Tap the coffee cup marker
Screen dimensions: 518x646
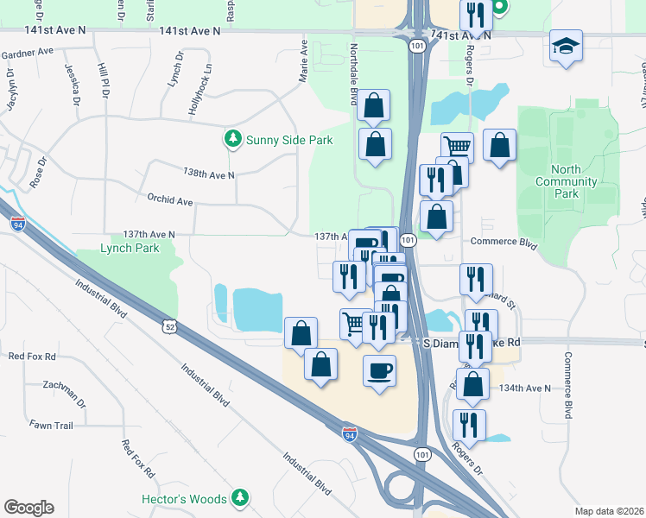pos(379,371)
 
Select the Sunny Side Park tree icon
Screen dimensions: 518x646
pos(231,138)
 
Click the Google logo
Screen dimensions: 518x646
pos(28,508)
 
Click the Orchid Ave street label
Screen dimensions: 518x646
pos(168,200)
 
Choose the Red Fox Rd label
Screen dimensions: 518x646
pos(137,458)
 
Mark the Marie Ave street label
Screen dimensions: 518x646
pos(303,60)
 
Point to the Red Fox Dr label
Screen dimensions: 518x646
pos(30,356)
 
